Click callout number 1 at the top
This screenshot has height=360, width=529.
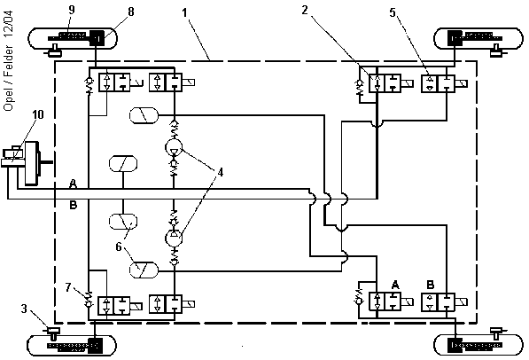(184, 13)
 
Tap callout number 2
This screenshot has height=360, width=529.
(305, 10)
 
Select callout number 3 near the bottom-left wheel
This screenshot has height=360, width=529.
(24, 309)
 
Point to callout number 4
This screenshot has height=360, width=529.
(221, 172)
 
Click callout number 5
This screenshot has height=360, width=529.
(393, 12)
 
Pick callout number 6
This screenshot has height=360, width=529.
(119, 247)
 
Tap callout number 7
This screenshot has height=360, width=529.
(68, 287)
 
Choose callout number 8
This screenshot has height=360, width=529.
(131, 12)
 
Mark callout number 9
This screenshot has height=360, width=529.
(72, 10)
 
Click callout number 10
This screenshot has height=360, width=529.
(38, 114)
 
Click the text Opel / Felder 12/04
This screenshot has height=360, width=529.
(9, 61)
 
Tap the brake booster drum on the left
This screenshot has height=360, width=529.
(32, 163)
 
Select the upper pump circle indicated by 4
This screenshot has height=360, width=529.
(174, 147)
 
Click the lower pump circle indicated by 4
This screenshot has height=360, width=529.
(174, 239)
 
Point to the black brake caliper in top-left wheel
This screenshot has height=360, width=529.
(97, 38)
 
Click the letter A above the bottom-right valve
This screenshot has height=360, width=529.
(395, 285)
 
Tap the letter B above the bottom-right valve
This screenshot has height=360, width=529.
(431, 285)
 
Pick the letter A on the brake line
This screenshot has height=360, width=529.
(73, 184)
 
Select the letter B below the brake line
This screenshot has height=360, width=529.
(74, 205)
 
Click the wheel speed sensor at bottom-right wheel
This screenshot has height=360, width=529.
(496, 333)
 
